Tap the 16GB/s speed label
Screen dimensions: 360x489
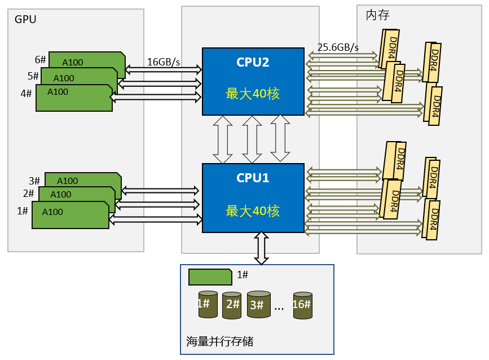click(164, 62)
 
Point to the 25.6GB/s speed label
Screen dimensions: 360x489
click(338, 47)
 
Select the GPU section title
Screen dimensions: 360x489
click(25, 20)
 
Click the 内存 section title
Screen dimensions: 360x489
click(377, 15)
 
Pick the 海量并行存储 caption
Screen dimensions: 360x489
click(219, 341)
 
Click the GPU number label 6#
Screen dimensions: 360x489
click(40, 60)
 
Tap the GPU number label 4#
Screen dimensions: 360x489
click(26, 94)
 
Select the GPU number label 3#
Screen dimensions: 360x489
click(34, 181)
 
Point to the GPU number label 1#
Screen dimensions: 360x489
click(23, 211)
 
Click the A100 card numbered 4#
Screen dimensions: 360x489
click(73, 99)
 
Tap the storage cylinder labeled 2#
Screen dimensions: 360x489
click(232, 306)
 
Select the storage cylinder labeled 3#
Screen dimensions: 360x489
click(259, 305)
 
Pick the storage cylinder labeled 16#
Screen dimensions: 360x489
click(302, 305)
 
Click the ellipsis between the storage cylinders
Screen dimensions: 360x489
click(279, 308)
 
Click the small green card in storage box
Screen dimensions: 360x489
click(210, 277)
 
